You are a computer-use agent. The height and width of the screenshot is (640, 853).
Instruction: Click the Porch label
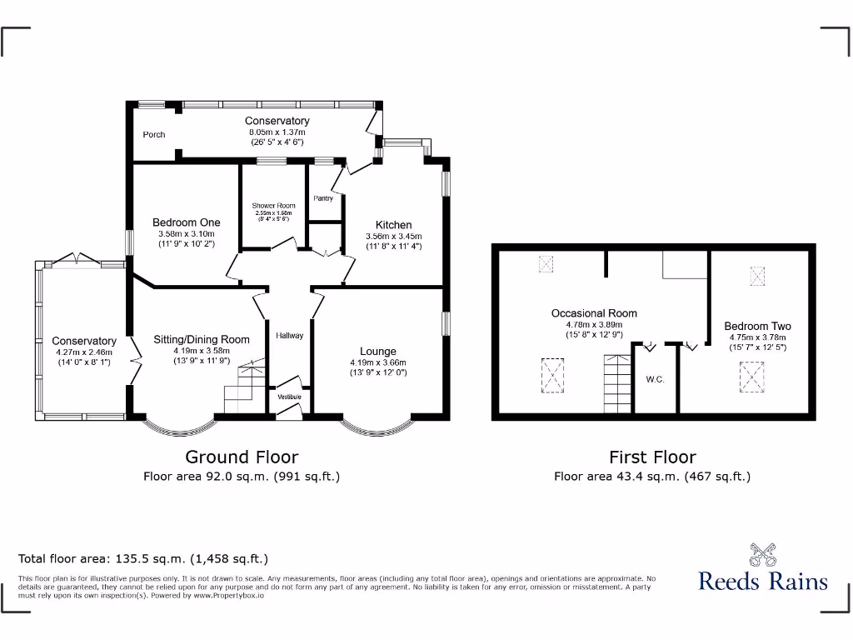pos(154,134)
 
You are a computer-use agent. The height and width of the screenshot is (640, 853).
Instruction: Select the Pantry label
pos(323,198)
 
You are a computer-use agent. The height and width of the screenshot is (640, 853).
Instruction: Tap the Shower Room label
pos(274,206)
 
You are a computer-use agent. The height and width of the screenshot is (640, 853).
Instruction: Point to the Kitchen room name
pos(393,225)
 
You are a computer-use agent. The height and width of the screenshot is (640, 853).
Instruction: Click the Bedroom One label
pos(187,222)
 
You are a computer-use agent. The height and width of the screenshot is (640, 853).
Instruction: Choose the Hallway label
pos(290,335)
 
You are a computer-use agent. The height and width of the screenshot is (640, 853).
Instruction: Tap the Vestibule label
pos(289,397)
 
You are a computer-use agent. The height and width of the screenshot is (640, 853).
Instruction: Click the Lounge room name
pos(378,351)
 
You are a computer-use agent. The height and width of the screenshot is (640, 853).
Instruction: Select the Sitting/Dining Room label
pos(202,339)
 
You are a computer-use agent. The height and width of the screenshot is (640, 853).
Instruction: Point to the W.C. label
pos(655,380)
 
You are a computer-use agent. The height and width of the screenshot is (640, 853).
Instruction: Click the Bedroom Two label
pos(757,326)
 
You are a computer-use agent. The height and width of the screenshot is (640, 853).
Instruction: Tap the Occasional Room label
pos(594,313)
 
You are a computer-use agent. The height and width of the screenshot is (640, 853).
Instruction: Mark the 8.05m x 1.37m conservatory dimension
pos(277,132)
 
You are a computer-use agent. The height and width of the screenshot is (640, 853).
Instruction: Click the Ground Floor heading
pos(242,457)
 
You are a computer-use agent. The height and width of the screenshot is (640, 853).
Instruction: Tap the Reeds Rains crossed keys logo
pos(762,554)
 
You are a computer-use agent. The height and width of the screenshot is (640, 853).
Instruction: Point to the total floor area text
pos(143,559)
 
